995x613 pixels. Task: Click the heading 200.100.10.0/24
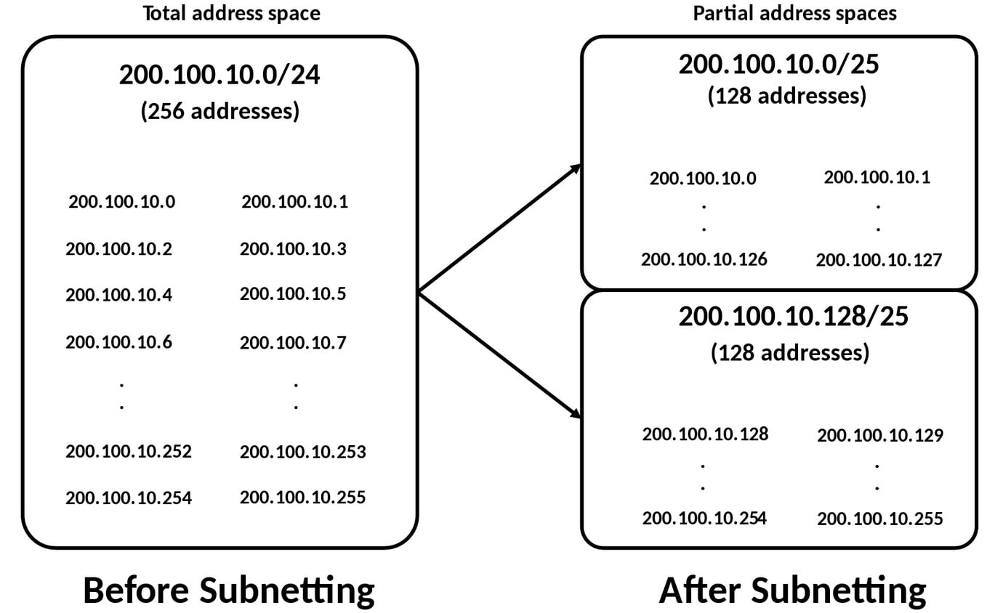[x=219, y=76]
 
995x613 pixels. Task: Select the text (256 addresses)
[x=219, y=111]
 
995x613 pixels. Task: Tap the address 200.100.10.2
[x=118, y=249]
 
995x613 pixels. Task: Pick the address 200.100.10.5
[x=293, y=294]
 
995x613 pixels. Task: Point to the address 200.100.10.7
[x=293, y=341]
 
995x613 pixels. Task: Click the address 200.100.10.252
[x=129, y=451]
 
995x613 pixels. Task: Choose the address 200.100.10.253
[x=302, y=452]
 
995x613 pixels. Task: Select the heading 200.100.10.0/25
[x=778, y=65]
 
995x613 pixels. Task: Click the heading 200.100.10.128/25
[x=793, y=317]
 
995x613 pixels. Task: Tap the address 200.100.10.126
[x=704, y=259]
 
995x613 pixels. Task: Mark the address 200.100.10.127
[x=879, y=260]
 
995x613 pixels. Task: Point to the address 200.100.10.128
[x=705, y=434]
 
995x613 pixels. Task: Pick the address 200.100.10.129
[x=879, y=436]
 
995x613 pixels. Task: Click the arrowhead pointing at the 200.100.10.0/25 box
[x=576, y=168]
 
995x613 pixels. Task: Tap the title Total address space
[x=231, y=13]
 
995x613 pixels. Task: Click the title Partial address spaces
[x=794, y=13]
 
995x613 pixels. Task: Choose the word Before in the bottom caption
[x=136, y=590]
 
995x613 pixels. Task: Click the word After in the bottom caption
[x=699, y=590]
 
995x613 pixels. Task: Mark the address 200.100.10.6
[x=118, y=341]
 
